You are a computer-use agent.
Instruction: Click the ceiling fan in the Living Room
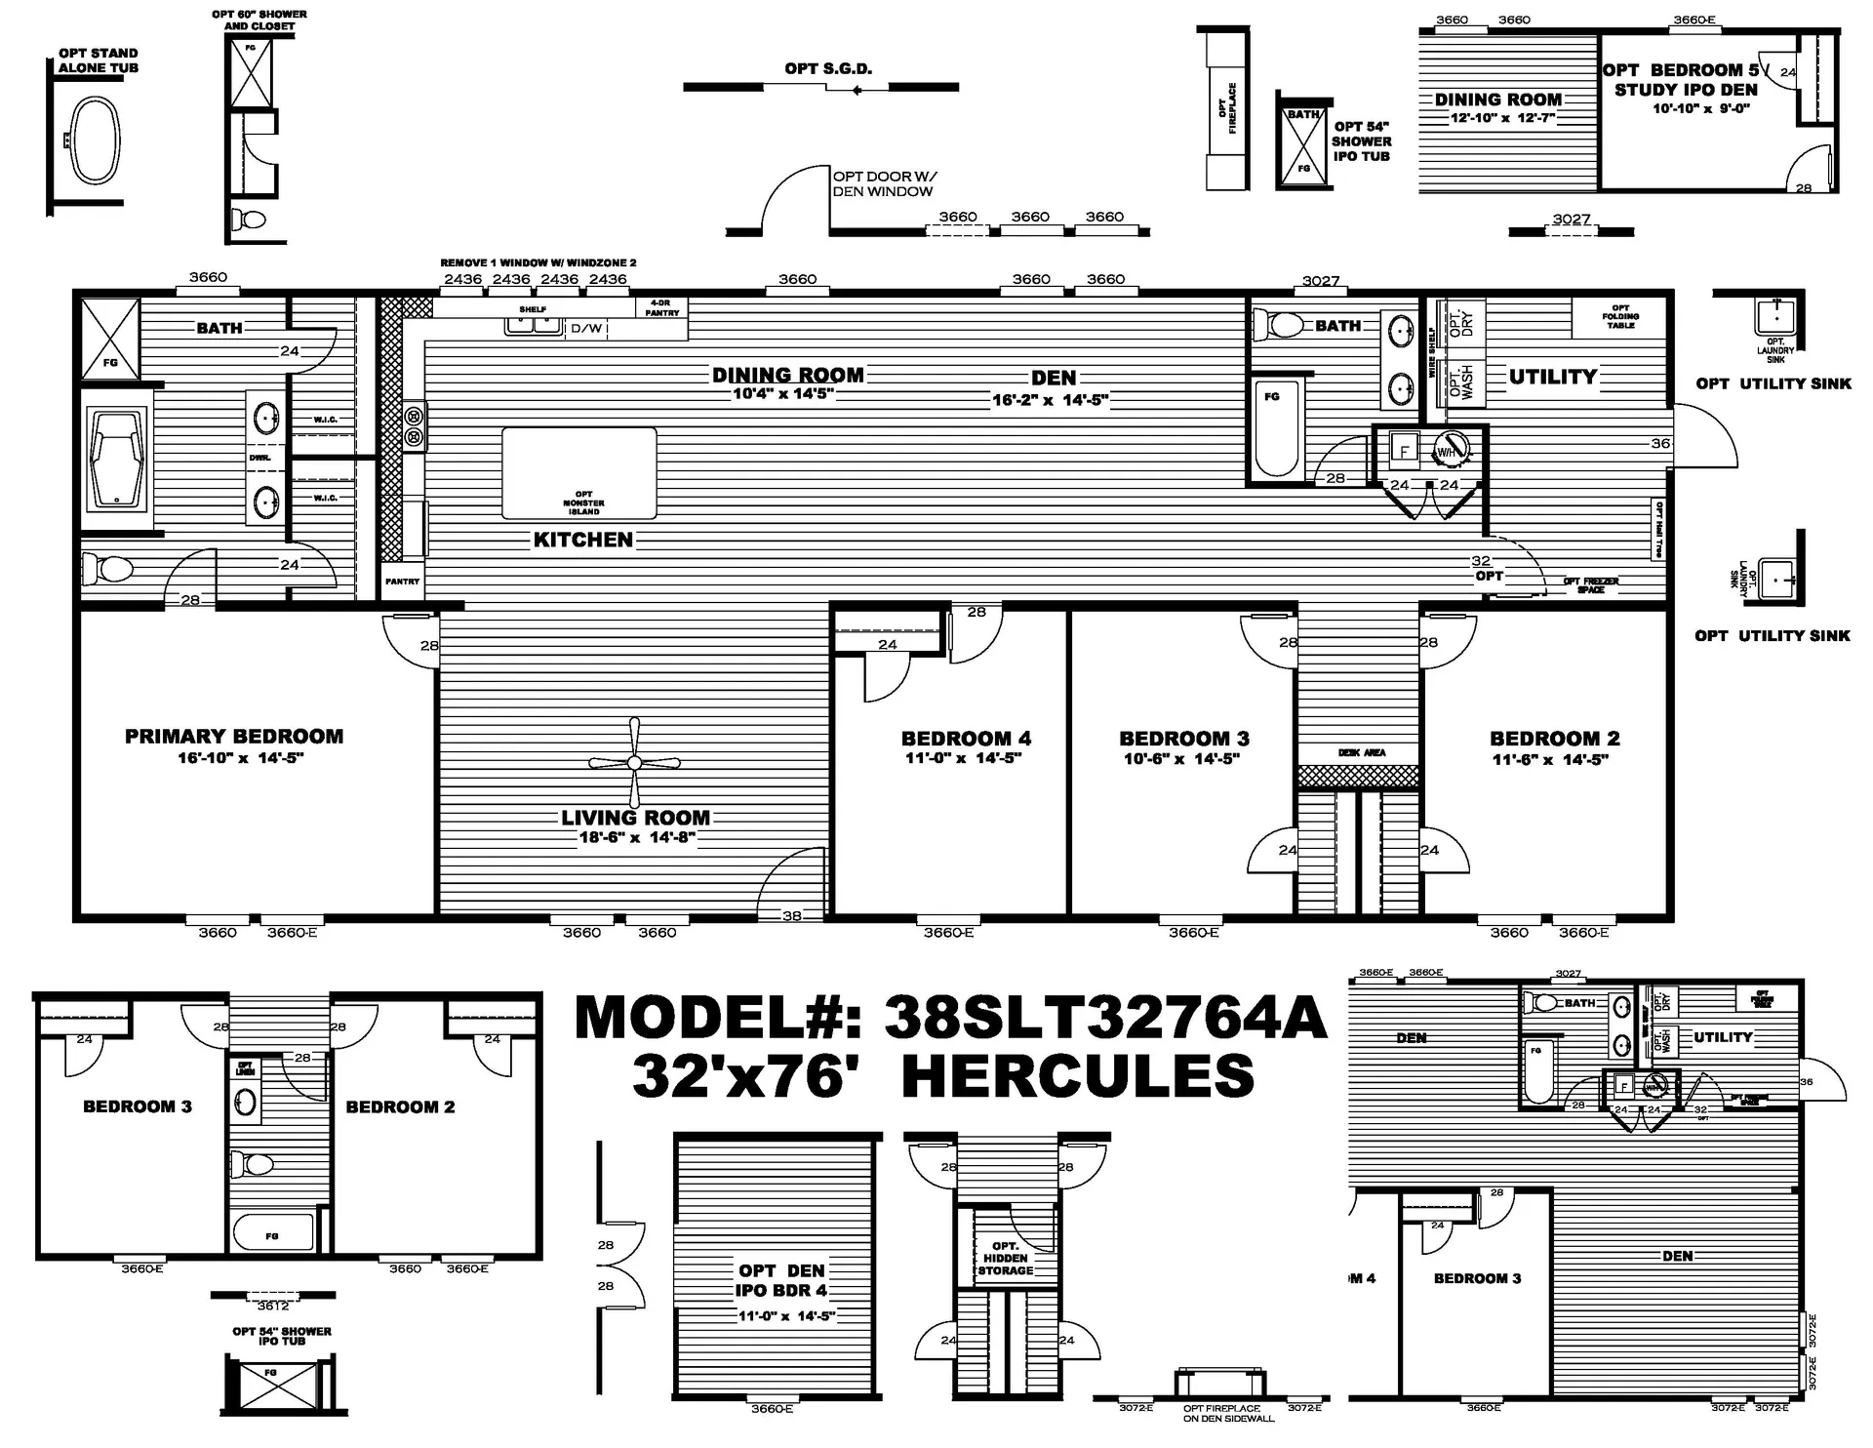coord(634,763)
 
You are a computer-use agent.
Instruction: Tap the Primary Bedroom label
coord(234,737)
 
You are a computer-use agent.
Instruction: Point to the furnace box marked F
coord(1405,452)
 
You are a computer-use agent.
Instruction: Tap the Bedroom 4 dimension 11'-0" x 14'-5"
coord(963,758)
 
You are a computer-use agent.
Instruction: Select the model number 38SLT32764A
coord(1105,1018)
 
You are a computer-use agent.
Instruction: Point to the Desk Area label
coord(1361,752)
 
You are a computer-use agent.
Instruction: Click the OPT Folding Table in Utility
coord(1620,317)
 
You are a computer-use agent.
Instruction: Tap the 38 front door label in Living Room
coord(792,915)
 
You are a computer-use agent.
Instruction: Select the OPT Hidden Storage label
coord(1006,1259)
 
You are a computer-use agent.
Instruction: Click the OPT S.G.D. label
coord(828,68)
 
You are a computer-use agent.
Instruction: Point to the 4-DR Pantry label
coord(661,308)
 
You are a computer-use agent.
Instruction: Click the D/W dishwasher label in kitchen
coord(586,329)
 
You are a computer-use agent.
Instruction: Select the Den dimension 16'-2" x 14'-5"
coord(1050,399)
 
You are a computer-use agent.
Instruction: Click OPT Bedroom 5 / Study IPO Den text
coord(1685,80)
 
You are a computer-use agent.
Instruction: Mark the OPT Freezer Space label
coord(1590,585)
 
